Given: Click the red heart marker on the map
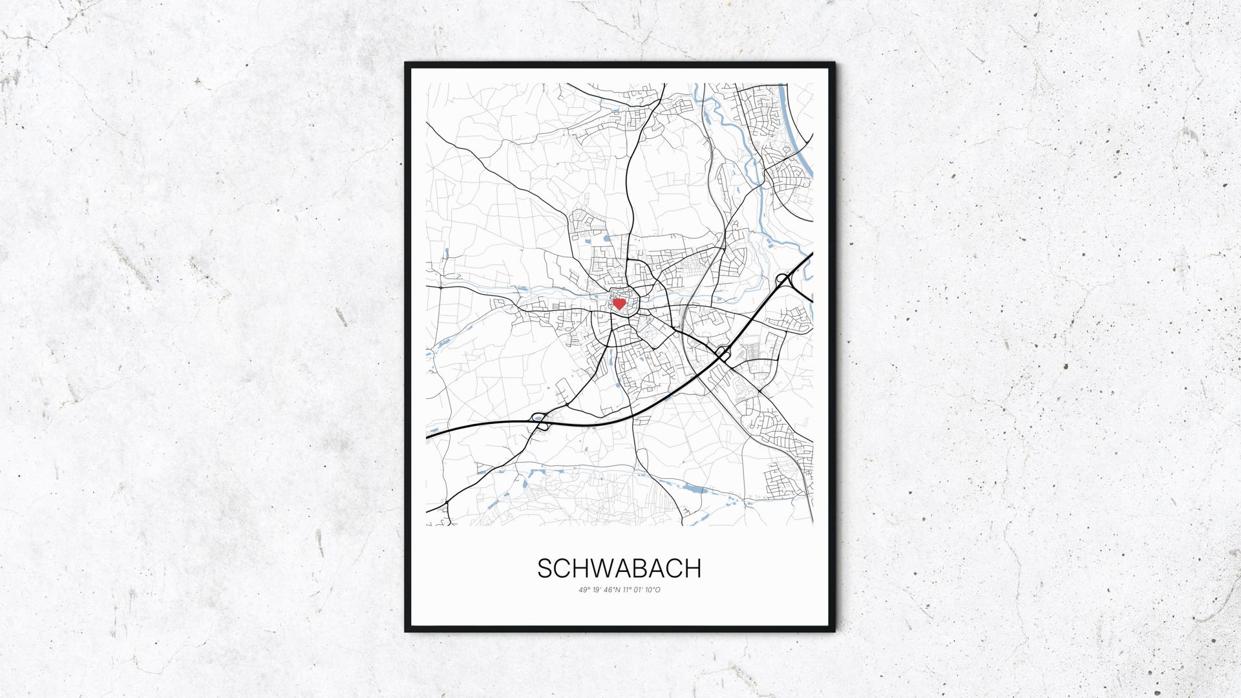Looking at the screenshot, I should [x=619, y=303].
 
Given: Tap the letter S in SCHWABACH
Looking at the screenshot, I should [x=545, y=569].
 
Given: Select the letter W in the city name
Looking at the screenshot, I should [x=597, y=569].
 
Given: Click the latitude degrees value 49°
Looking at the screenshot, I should [x=584, y=589].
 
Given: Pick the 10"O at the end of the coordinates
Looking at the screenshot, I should [x=653, y=589].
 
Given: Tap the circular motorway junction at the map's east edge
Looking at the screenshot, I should [x=785, y=280].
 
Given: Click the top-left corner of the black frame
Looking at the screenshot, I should [x=407, y=64].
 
